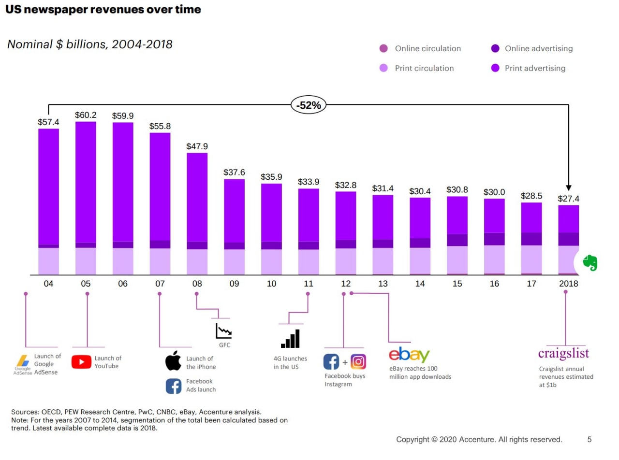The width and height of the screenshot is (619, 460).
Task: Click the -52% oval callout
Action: pyautogui.click(x=309, y=105)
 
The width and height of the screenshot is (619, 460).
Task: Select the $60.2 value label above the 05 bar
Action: pyautogui.click(x=86, y=115)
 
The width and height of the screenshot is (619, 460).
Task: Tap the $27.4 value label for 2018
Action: pyautogui.click(x=568, y=199)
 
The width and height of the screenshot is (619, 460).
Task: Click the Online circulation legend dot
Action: pyautogui.click(x=383, y=48)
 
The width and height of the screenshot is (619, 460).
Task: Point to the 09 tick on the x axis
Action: pyautogui.click(x=234, y=284)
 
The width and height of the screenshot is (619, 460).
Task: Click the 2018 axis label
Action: pyautogui.click(x=568, y=284)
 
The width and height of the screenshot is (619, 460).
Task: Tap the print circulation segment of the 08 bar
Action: pyautogui.click(x=197, y=262)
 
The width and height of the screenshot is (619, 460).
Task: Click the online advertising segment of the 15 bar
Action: pyautogui.click(x=457, y=240)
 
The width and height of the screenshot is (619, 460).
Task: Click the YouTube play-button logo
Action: pyautogui.click(x=81, y=362)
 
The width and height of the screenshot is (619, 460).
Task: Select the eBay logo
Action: pyautogui.click(x=409, y=355)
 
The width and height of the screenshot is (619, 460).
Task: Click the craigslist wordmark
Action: pyautogui.click(x=563, y=354)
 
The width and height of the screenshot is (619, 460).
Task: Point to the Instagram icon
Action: pyautogui.click(x=358, y=362)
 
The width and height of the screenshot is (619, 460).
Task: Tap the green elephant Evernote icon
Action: pyautogui.click(x=590, y=263)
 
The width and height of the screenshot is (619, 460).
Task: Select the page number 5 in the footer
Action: pyautogui.click(x=590, y=439)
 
